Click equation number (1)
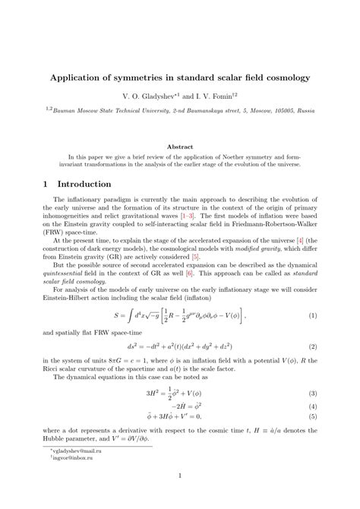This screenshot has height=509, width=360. pyautogui.click(x=311, y=294)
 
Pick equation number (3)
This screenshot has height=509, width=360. pyautogui.click(x=311, y=372)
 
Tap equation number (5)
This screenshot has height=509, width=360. pyautogui.click(x=311, y=396)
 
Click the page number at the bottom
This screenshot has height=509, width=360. pyautogui.click(x=180, y=477)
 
